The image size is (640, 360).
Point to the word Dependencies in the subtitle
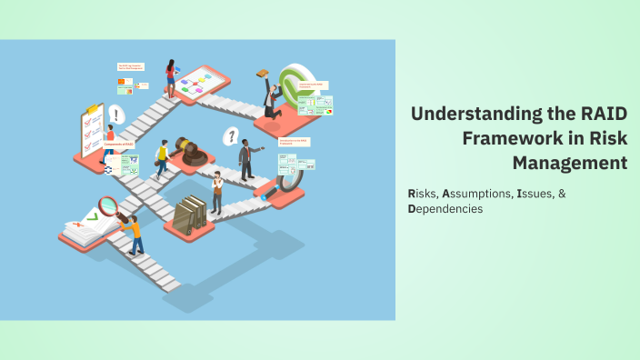coord(445,209)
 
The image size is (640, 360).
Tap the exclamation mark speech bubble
coord(115,115)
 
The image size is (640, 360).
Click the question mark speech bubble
coord(232,136)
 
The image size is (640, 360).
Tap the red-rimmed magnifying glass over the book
coord(108,205)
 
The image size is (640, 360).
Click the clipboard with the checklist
coord(92,132)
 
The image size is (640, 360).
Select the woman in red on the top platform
coord(170,78)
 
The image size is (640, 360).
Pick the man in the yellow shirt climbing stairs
coord(162,158)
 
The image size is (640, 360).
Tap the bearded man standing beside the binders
coord(216,192)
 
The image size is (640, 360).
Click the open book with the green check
coord(88,226)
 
